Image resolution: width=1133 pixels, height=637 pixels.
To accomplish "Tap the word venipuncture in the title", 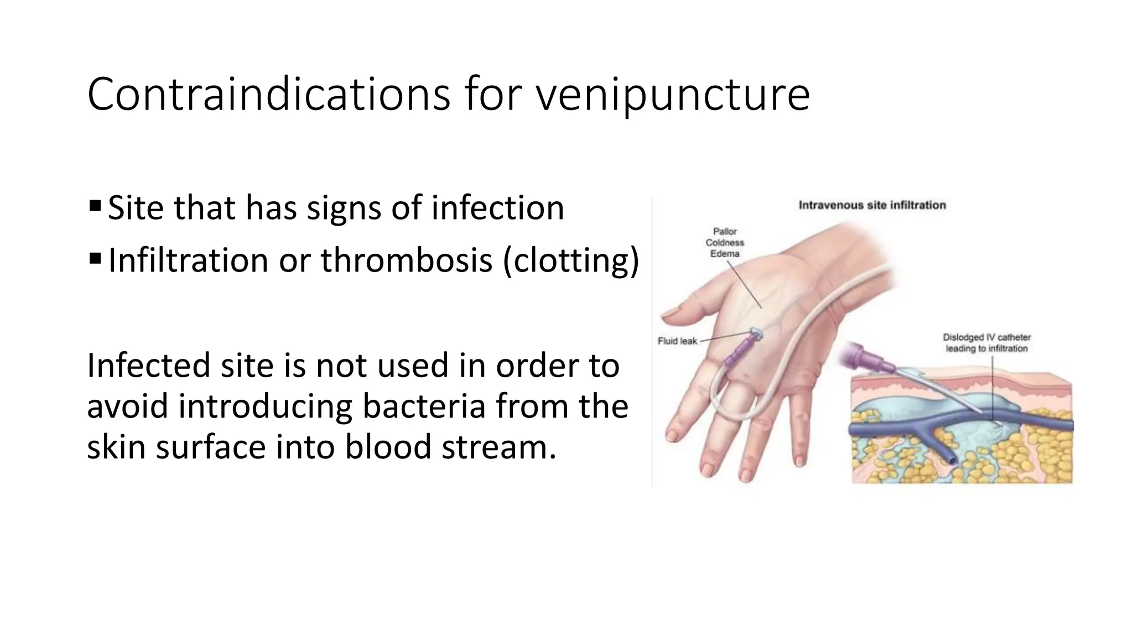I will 672,95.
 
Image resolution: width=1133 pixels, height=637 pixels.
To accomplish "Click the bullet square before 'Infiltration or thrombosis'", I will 95,258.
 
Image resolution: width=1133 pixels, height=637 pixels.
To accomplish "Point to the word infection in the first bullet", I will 497,208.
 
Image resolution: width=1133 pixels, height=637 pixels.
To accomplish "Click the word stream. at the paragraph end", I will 498,447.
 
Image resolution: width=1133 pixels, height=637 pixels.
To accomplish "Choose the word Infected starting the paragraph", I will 148,366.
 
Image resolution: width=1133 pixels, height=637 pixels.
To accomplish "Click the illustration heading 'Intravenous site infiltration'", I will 872,205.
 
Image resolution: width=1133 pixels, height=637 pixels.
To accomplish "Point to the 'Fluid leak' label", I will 677,341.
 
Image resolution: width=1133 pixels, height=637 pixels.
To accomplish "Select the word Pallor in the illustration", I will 725,232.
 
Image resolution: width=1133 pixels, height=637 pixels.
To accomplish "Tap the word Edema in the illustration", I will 725,254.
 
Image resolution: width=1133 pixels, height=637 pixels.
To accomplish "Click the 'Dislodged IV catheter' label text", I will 986,337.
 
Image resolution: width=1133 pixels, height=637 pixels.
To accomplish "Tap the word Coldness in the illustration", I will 725,243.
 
